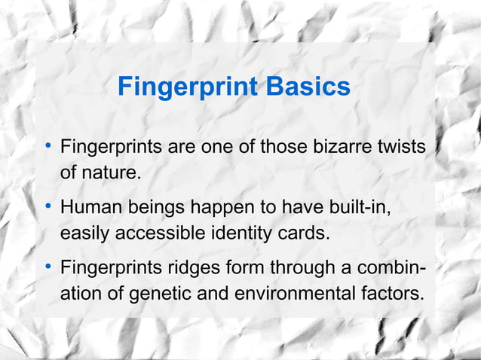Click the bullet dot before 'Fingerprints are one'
tap(47, 145)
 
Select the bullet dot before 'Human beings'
tap(47, 205)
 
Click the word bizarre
tap(339, 145)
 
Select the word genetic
tap(158, 294)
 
